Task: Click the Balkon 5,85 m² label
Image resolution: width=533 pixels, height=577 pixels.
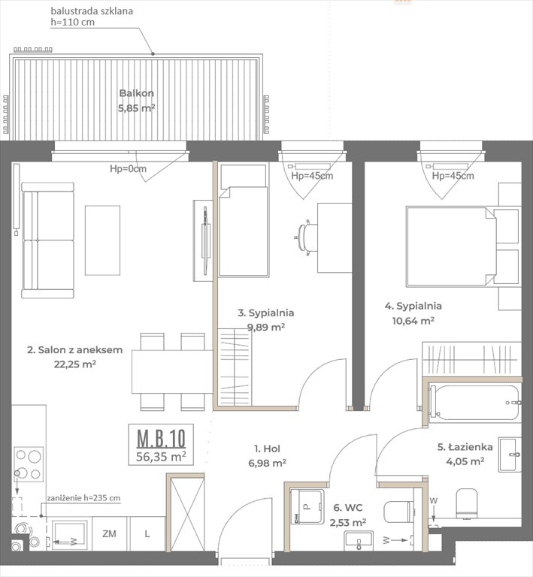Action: [x=136, y=100]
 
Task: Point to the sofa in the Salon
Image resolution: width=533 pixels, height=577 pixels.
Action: [x=48, y=240]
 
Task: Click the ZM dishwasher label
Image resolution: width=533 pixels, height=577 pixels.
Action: [x=110, y=533]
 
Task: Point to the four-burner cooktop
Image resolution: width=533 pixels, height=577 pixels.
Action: [x=29, y=464]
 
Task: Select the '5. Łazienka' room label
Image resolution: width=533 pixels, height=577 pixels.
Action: [x=465, y=447]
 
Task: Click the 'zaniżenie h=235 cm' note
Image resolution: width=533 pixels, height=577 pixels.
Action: [x=83, y=498]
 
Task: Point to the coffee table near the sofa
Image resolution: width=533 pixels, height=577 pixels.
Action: [x=102, y=240]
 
